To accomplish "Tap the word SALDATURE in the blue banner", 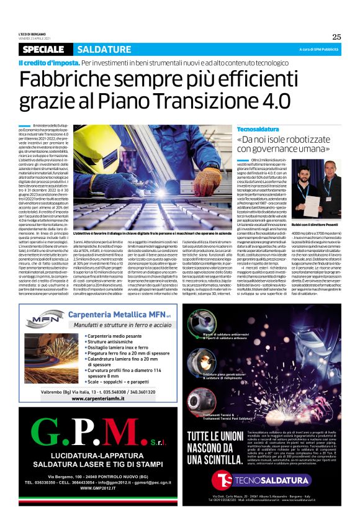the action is (x=99, y=50).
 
